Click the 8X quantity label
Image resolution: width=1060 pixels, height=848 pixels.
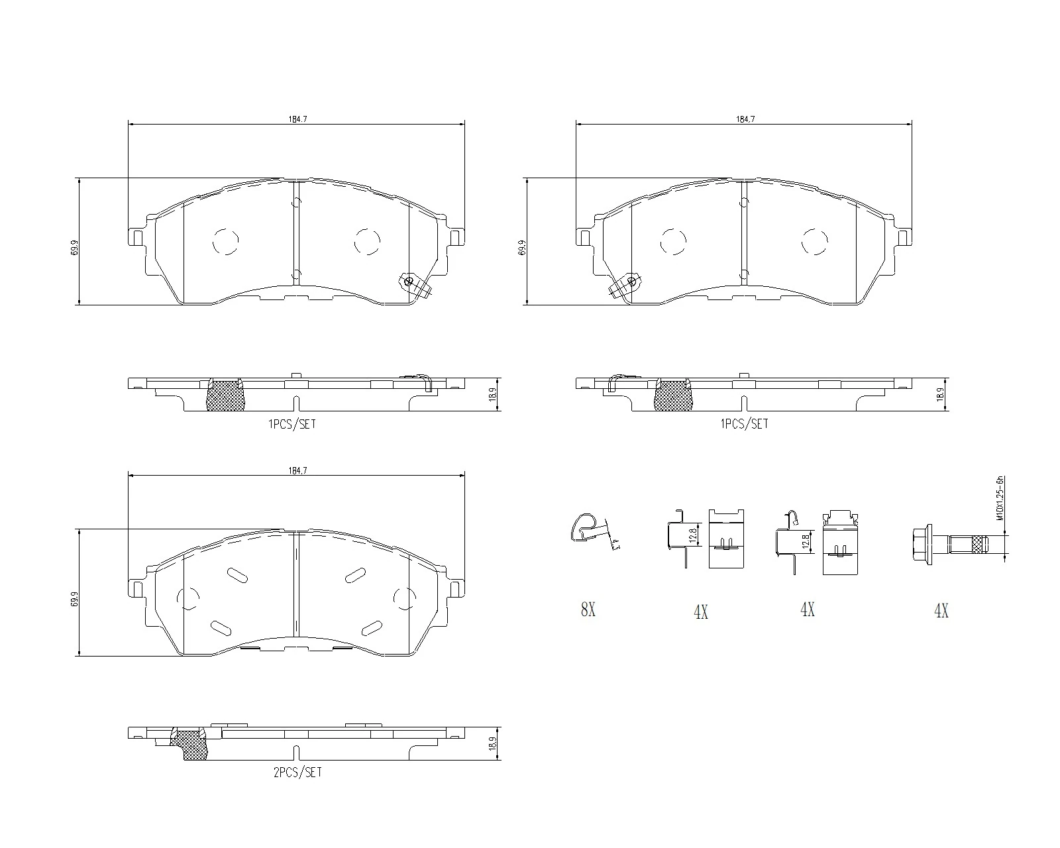point(588,610)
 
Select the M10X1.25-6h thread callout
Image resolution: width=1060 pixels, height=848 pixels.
point(1000,499)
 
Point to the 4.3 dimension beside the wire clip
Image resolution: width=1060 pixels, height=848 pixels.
point(615,545)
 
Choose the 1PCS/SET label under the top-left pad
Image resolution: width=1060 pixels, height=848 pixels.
point(292,424)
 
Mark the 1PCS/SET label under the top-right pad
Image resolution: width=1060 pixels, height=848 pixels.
point(744,424)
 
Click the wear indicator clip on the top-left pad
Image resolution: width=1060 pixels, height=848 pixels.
point(413,284)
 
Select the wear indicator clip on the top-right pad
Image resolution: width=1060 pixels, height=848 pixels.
point(625,285)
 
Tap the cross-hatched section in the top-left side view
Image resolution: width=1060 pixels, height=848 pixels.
point(225,396)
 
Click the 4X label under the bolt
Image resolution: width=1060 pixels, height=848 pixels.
point(941,611)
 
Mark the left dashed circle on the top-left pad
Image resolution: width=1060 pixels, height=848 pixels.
point(225,242)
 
